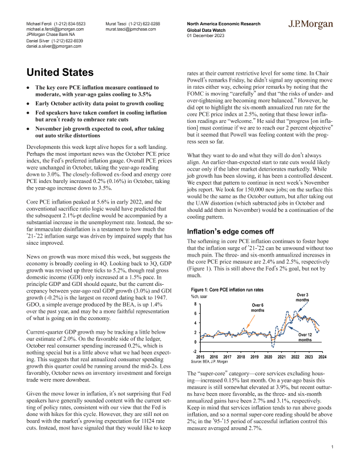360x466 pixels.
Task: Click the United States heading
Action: coord(63,74)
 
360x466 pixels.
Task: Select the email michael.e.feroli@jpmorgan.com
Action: coord(55,28)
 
